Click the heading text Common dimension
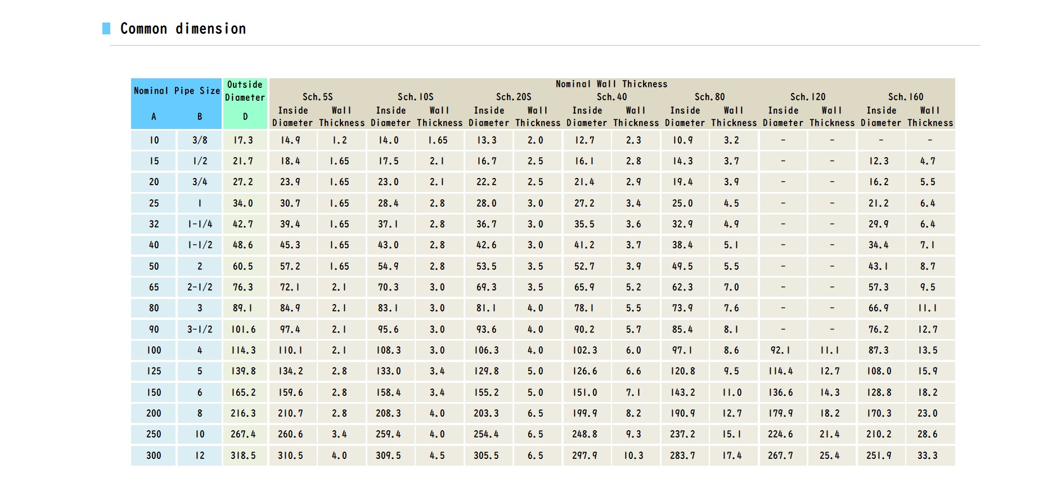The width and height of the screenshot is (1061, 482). [x=183, y=29]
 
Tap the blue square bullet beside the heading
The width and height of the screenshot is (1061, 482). [x=106, y=28]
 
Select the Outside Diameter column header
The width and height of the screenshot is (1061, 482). [x=245, y=91]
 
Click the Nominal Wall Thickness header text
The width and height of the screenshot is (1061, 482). [x=612, y=84]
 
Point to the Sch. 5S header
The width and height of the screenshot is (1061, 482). [x=318, y=97]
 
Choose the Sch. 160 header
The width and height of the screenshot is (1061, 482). [x=906, y=97]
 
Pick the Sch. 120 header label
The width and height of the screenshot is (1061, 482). [x=808, y=97]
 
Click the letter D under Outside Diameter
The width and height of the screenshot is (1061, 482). [x=245, y=117]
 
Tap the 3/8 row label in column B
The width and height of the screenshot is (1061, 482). [x=200, y=140]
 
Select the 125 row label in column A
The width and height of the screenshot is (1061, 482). [x=154, y=371]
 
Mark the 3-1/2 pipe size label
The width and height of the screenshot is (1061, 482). [x=200, y=329]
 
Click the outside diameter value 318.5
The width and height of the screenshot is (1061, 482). [x=243, y=456]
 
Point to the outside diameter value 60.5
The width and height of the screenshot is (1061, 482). [x=243, y=266]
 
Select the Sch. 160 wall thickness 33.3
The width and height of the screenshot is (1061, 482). [x=927, y=456]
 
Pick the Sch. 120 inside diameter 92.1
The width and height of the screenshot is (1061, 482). [x=780, y=350]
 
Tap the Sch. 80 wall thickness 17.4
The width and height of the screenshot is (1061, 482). [x=731, y=456]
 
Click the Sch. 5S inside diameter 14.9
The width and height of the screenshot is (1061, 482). [x=290, y=140]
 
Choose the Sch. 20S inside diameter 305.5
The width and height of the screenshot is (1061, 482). [x=486, y=456]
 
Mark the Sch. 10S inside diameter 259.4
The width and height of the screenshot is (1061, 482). [x=388, y=434]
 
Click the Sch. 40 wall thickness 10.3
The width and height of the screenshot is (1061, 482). [x=633, y=456]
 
